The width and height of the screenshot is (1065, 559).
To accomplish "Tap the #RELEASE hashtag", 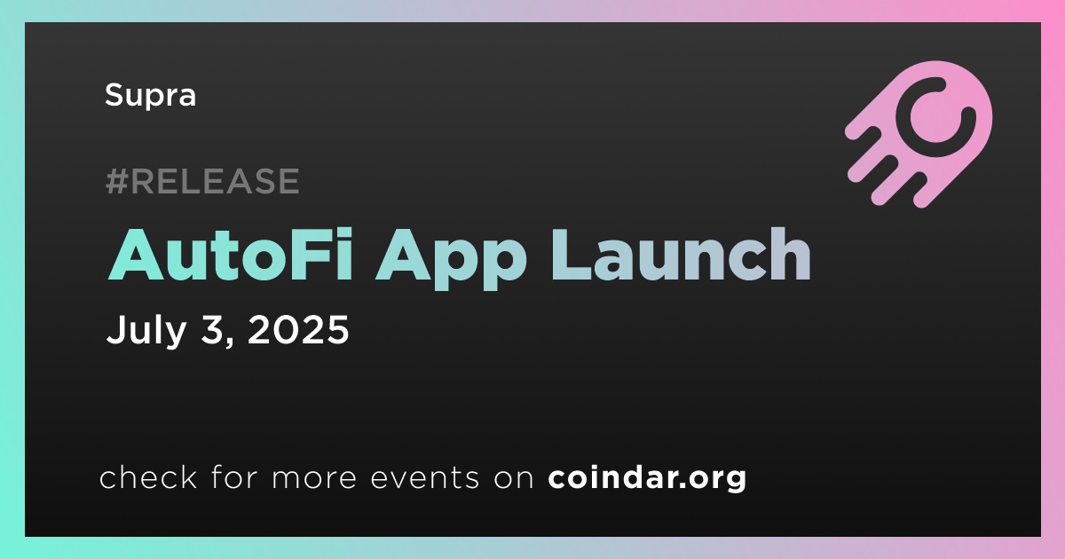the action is pyautogui.click(x=202, y=181).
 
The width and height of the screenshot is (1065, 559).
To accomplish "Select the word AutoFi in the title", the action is pyautogui.click(x=230, y=255).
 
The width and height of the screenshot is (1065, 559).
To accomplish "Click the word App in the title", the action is pyautogui.click(x=451, y=259).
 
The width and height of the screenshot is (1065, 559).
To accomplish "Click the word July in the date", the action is pyautogui.click(x=146, y=331).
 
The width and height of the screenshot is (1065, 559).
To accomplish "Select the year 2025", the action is pyautogui.click(x=298, y=330).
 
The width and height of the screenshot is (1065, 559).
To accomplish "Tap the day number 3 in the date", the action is pyautogui.click(x=211, y=330).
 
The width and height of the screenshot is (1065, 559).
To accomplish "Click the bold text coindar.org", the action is pyautogui.click(x=647, y=477).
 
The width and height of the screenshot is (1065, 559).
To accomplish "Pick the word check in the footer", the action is pyautogui.click(x=148, y=476).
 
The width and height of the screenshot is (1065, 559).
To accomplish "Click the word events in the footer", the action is pyautogui.click(x=425, y=478).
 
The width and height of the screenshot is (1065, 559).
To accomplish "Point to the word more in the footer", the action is pyautogui.click(x=314, y=478).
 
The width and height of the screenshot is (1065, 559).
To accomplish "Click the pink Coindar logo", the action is pyautogui.click(x=919, y=135).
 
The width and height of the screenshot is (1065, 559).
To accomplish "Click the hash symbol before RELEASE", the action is pyautogui.click(x=117, y=181).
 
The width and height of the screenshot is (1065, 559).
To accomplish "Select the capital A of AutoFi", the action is pyautogui.click(x=136, y=255).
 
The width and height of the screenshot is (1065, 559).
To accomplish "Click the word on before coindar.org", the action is pyautogui.click(x=514, y=478).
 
